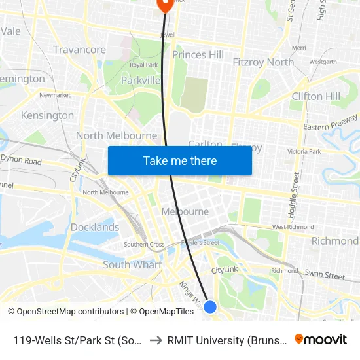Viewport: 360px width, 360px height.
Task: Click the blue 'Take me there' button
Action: tap(179, 160)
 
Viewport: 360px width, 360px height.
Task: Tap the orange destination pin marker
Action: tap(164, 5)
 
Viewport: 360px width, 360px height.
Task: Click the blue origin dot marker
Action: tap(210, 306)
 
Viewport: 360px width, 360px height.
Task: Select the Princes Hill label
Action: tap(198, 55)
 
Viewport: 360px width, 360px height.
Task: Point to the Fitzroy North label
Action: tap(263, 62)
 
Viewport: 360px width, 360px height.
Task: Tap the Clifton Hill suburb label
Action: tap(315, 96)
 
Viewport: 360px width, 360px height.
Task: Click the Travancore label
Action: tap(79, 50)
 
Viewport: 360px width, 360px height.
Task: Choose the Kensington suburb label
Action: tap(47, 115)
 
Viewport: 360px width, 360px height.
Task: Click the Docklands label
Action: tap(95, 228)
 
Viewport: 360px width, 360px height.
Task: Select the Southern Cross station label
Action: tap(144, 245)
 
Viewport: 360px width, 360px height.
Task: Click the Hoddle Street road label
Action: tap(295, 195)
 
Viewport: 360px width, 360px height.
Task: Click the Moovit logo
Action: tap(321, 340)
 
